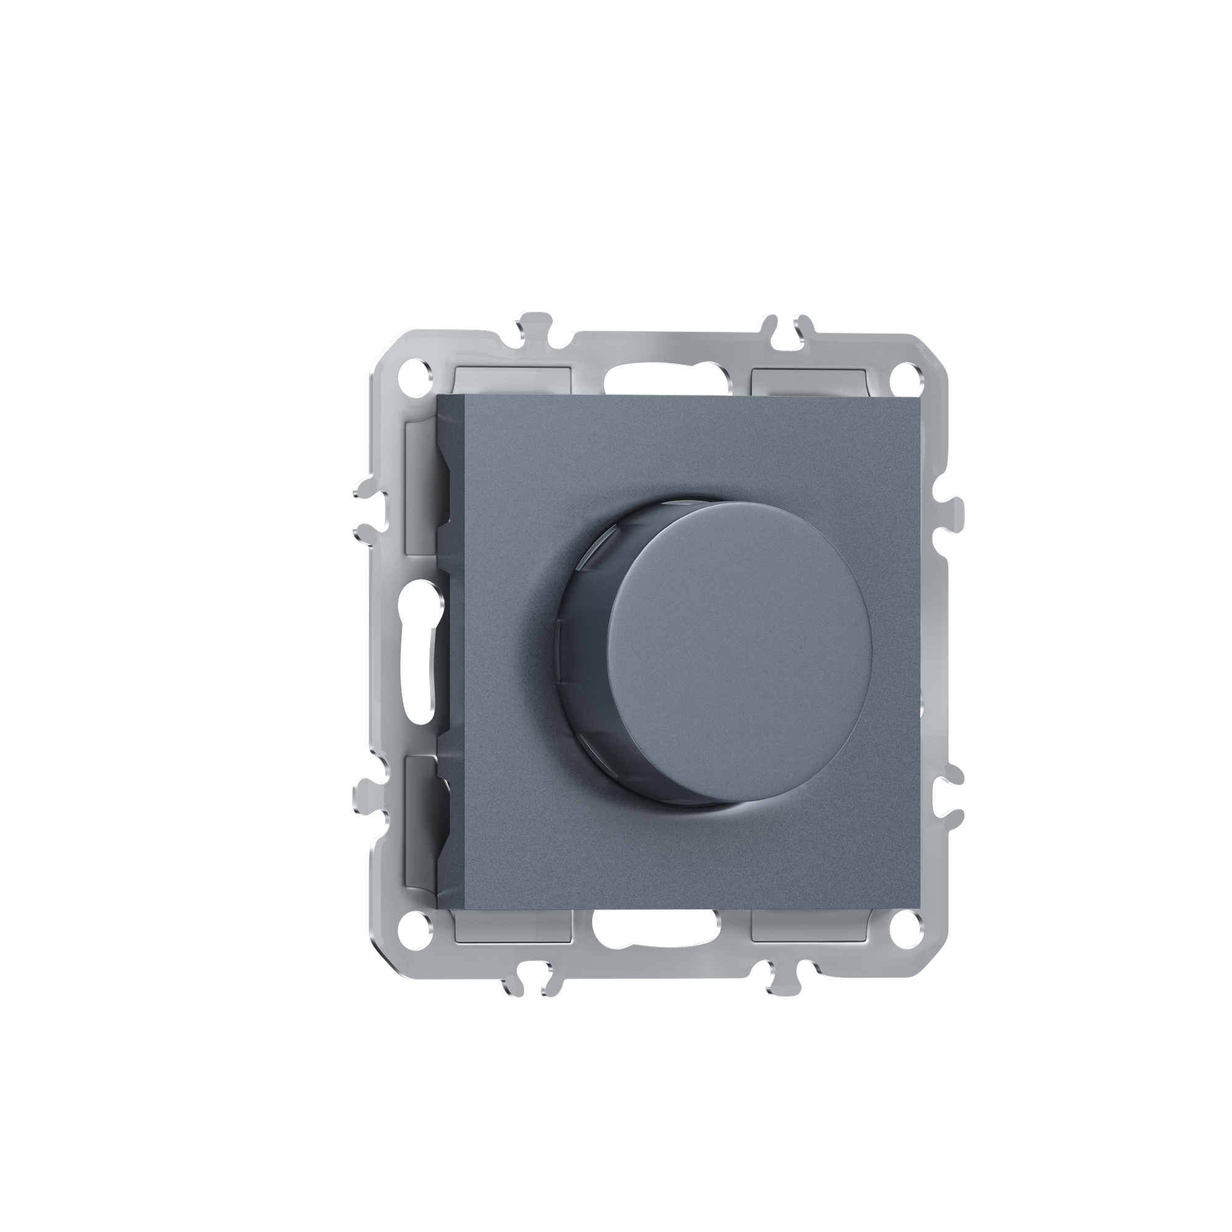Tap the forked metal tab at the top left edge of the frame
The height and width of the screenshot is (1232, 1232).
point(534,331)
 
